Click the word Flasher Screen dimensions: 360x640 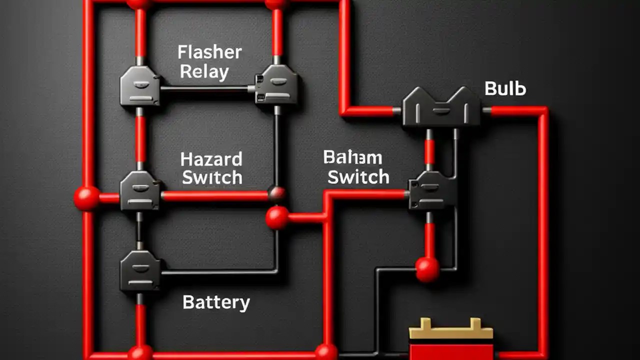[x=209, y=52]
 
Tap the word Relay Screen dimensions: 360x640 [x=204, y=72]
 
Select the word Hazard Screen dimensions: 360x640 [x=211, y=159]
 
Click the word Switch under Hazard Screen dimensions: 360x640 [x=212, y=177]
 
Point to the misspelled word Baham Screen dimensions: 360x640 [x=352, y=158]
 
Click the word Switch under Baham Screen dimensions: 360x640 [x=358, y=177]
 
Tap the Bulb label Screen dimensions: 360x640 [x=505, y=89]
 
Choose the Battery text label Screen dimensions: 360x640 [x=216, y=302]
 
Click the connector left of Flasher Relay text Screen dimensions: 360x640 [x=140, y=86]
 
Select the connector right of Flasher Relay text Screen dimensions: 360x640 [x=276, y=85]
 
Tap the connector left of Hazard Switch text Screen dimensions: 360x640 [x=140, y=190]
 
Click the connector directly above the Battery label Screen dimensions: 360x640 [x=140, y=270]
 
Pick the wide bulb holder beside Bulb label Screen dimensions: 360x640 [x=441, y=107]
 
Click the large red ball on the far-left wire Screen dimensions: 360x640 [x=86, y=198]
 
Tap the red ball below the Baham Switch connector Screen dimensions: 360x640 [x=427, y=269]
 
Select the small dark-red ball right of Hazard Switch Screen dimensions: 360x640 [x=276, y=193]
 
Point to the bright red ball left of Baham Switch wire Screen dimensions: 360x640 [x=277, y=217]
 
